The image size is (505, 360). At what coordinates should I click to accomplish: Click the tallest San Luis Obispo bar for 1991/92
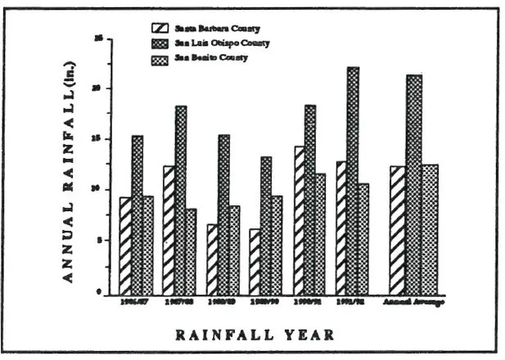click(352, 180)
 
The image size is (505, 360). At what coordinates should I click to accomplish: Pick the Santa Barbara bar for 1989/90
click(255, 261)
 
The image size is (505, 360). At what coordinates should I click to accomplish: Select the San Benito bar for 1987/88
click(191, 251)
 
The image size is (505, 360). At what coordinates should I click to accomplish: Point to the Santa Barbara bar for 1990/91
click(300, 220)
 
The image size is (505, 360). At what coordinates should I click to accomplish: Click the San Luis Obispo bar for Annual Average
click(413, 184)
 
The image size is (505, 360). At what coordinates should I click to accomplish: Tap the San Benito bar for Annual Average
click(430, 229)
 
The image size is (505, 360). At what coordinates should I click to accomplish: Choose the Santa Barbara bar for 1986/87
click(125, 245)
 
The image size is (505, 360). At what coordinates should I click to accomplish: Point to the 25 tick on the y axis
click(99, 38)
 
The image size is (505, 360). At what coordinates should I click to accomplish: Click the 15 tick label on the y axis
click(99, 140)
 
